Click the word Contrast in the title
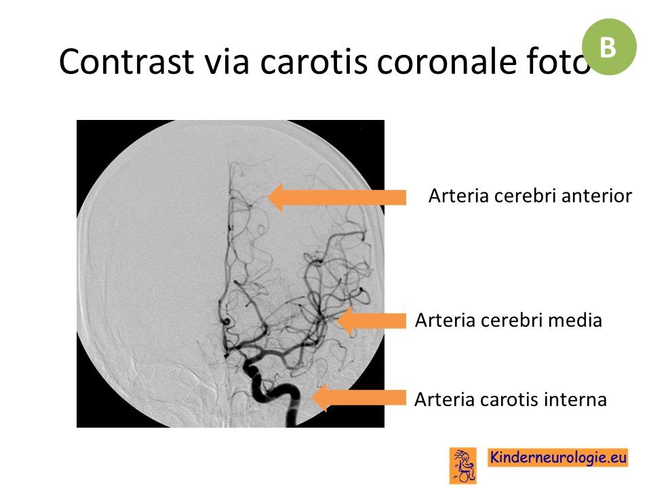pos(126,62)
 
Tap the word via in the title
pos(226,62)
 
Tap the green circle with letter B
pos(609,47)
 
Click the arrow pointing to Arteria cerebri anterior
pos(337,197)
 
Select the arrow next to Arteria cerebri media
pos(372,321)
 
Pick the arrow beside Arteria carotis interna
pos(359,398)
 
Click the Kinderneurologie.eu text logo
pos(557,457)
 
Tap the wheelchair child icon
pos(463,466)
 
